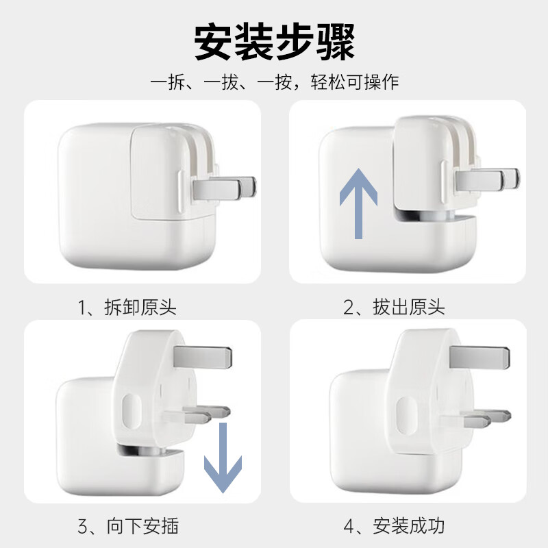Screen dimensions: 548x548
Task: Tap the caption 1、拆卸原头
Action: pos(127,307)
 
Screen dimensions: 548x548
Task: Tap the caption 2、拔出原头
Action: pos(394,307)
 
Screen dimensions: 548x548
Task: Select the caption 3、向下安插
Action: pos(127,526)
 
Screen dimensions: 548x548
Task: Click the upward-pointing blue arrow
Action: pos(359,203)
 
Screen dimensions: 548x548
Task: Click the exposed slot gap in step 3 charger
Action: pos(147,451)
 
